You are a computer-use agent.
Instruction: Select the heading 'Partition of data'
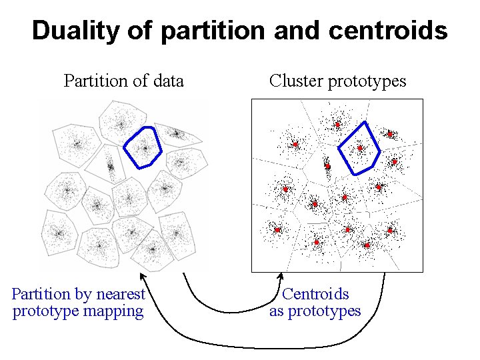pyautogui.click(x=123, y=81)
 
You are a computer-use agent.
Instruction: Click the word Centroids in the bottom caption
pyautogui.click(x=315, y=294)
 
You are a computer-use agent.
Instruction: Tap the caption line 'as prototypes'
pyautogui.click(x=315, y=311)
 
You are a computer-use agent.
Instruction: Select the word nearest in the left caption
pyautogui.click(x=120, y=294)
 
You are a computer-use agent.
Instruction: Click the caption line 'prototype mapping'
pyautogui.click(x=78, y=311)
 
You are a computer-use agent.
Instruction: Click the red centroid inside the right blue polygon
pyautogui.click(x=360, y=148)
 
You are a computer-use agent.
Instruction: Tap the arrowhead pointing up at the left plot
pyautogui.click(x=141, y=275)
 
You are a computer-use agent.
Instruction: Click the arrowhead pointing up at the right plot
pyautogui.click(x=281, y=276)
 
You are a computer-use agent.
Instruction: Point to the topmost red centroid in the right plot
pyautogui.click(x=337, y=125)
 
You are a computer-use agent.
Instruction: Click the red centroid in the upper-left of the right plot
pyautogui.click(x=295, y=144)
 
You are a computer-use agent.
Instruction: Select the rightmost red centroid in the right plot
pyautogui.click(x=395, y=162)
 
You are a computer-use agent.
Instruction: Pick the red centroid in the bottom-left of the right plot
pyautogui.click(x=277, y=230)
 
